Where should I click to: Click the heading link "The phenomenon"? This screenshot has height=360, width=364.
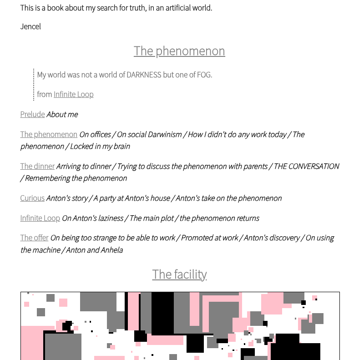point(179,51)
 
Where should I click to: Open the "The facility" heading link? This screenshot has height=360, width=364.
point(179,274)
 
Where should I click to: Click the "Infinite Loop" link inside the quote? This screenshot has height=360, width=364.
point(73,94)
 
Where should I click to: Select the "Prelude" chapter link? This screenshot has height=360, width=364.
point(32,114)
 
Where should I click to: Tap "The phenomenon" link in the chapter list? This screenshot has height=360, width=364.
point(49,134)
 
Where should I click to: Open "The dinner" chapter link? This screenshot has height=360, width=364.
point(37,166)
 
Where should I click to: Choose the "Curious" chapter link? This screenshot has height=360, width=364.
point(32,198)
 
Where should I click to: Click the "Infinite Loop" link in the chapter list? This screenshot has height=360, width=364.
point(40,218)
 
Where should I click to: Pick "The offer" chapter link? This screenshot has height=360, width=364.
point(34,238)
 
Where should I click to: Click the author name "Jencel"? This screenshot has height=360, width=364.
point(30,26)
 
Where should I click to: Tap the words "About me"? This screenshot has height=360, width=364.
point(62,114)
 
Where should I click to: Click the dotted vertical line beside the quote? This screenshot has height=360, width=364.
point(34,84)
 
